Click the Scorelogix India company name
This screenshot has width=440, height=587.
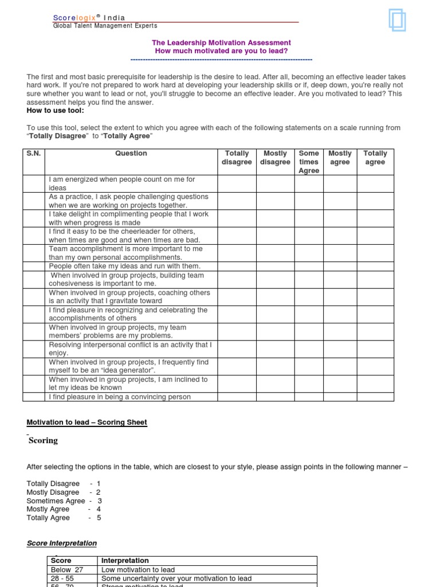click(x=89, y=18)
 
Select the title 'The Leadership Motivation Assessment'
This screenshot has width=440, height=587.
click(x=221, y=43)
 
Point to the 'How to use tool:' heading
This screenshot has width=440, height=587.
click(x=55, y=111)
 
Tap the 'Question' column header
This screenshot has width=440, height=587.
click(x=131, y=154)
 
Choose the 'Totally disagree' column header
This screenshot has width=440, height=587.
click(x=237, y=158)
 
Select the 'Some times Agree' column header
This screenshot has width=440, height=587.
click(x=309, y=162)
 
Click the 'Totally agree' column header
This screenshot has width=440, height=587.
click(x=375, y=158)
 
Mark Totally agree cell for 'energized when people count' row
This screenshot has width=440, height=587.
click(x=375, y=183)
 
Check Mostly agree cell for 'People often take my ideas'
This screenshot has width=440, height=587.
click(x=340, y=267)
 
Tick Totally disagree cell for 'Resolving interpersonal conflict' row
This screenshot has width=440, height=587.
click(x=237, y=349)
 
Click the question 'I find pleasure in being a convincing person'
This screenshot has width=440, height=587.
click(x=120, y=397)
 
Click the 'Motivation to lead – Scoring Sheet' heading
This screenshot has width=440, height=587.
click(x=87, y=422)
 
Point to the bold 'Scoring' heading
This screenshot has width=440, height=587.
click(x=43, y=441)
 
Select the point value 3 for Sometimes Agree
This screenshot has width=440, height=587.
click(x=99, y=501)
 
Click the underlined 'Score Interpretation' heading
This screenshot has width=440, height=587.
click(x=62, y=543)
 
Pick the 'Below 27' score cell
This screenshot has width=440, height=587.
click(x=67, y=570)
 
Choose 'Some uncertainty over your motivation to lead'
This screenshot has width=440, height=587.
click(x=176, y=578)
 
